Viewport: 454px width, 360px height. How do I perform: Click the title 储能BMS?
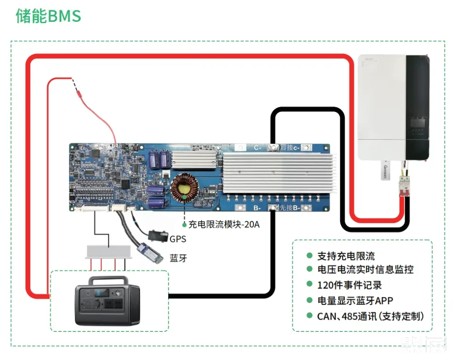(48, 16)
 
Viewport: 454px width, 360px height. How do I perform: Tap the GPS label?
(178, 238)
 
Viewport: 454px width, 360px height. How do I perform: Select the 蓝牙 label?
(178, 258)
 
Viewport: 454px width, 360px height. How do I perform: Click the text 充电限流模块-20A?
(224, 224)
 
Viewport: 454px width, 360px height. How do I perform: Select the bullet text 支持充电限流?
(346, 257)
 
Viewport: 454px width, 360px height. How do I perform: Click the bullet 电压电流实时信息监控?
(365, 270)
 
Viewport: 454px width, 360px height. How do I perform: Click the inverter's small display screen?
(417, 122)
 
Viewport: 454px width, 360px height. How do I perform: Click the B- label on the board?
(257, 208)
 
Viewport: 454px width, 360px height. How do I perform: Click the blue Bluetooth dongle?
(150, 253)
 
